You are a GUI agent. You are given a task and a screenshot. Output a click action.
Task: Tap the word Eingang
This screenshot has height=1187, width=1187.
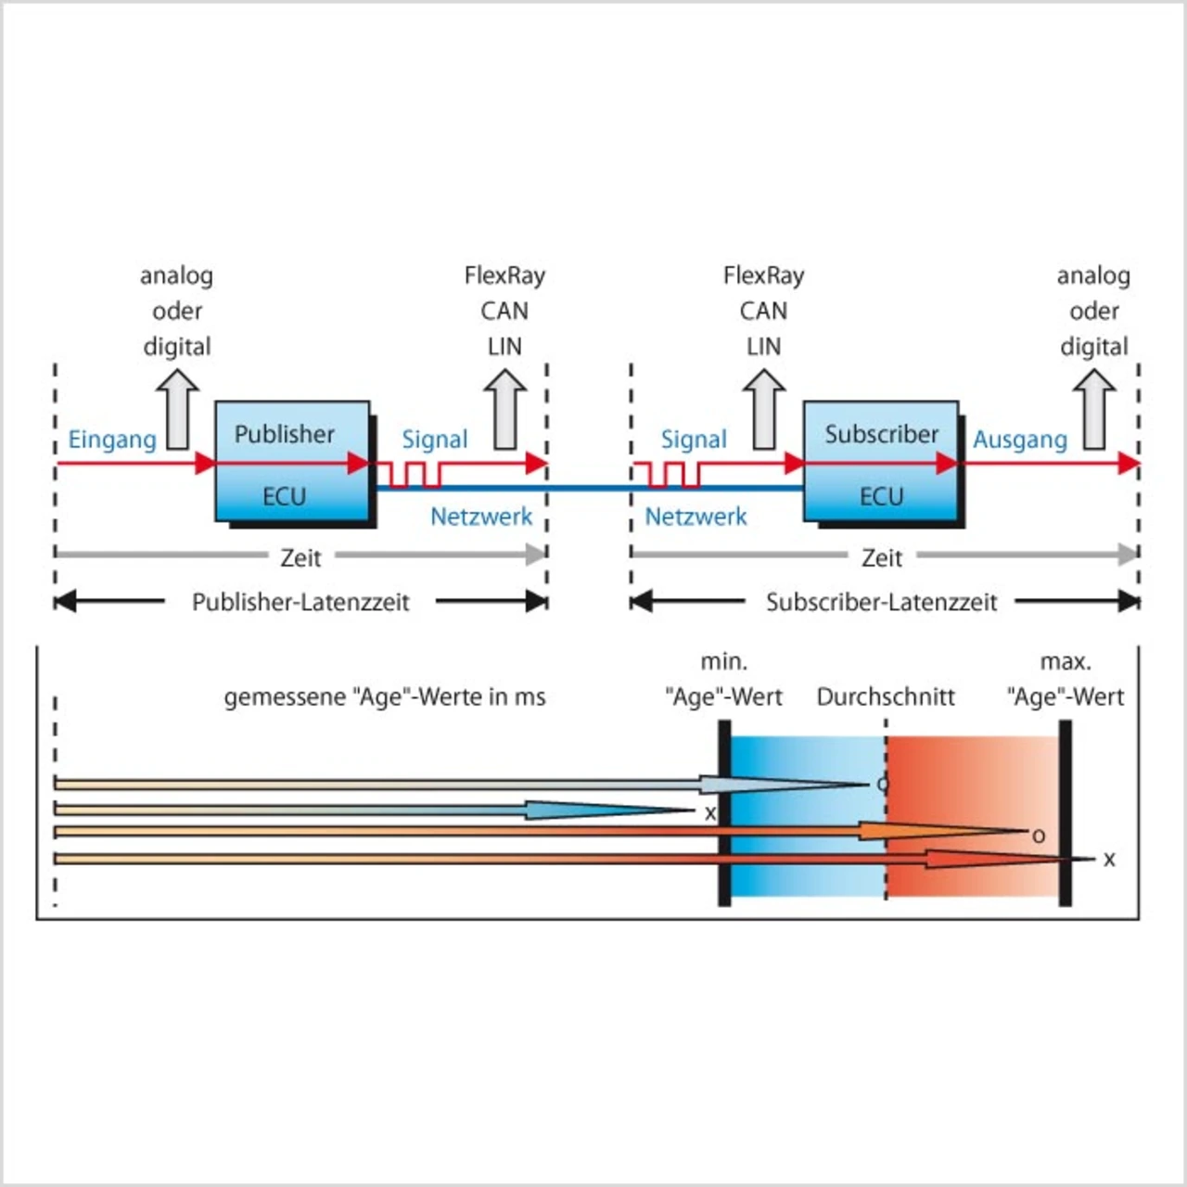[112, 440]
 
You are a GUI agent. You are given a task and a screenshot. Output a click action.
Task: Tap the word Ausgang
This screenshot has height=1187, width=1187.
[1020, 440]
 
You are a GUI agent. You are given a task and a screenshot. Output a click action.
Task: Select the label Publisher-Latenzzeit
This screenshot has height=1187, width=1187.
[300, 602]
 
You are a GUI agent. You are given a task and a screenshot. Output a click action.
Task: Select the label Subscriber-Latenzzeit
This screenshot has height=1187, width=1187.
[882, 602]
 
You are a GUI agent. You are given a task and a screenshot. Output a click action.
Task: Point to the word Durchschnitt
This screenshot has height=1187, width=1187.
[886, 696]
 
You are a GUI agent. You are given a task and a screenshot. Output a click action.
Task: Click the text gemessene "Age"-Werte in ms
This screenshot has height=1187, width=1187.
[385, 697]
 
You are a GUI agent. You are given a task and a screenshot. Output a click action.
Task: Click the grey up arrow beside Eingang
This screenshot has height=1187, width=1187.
[177, 409]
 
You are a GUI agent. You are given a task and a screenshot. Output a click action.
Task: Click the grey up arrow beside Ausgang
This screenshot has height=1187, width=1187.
[1094, 409]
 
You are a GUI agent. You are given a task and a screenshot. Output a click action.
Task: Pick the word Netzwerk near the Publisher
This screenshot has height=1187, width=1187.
[481, 517]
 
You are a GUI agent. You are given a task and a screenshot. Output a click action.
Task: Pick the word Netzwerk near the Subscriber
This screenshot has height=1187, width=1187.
[696, 517]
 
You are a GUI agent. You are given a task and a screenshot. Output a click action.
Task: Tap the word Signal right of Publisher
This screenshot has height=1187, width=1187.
[435, 440]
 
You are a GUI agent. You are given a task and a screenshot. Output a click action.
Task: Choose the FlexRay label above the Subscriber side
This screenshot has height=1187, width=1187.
[764, 276]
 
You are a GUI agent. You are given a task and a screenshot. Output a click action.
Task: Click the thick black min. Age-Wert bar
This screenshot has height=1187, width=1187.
[724, 812]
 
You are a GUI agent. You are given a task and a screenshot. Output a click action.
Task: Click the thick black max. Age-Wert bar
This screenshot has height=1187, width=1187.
[1065, 812]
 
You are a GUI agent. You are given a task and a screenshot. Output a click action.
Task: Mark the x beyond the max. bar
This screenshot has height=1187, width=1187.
[1109, 860]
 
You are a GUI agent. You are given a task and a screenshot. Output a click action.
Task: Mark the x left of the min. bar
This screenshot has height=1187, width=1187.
[710, 813]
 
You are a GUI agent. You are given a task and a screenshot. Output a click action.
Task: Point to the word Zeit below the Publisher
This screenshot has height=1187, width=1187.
[300, 558]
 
